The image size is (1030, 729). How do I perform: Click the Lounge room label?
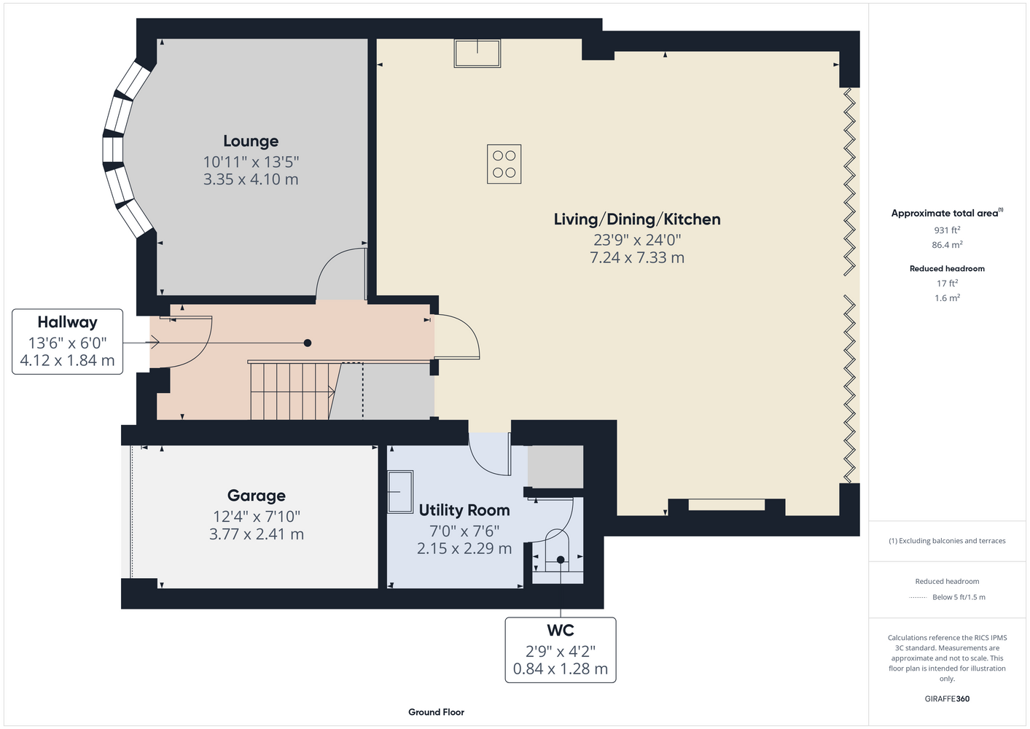coord(251,141)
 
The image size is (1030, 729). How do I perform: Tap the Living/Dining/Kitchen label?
coord(637,219)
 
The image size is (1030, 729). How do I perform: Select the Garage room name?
coord(256,495)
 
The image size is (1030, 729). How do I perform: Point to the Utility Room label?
coord(464,510)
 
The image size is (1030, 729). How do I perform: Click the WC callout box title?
coord(560,630)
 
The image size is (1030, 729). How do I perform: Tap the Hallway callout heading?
coord(67,322)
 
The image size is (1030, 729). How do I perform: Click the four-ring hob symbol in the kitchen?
coord(504,164)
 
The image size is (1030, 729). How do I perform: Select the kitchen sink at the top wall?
coord(477,53)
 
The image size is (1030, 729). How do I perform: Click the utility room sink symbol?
coord(400,491)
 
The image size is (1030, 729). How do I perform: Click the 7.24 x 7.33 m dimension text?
coord(637,257)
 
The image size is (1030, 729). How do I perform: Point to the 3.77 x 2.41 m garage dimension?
coord(256,534)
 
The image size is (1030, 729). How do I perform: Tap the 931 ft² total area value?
coord(947,230)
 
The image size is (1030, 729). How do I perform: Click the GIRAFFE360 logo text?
coord(947,698)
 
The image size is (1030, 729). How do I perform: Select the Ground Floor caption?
coord(436,712)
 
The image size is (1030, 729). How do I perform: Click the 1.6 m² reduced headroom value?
coord(947,297)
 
